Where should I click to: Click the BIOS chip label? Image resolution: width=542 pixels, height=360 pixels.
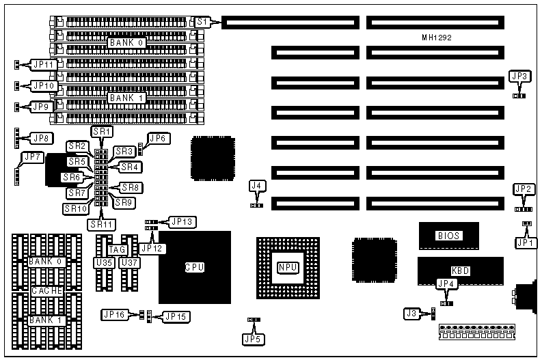(x=448, y=236)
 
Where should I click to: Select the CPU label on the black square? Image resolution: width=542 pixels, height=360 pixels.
(x=195, y=266)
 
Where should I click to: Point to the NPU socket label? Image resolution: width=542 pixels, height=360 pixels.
(x=287, y=266)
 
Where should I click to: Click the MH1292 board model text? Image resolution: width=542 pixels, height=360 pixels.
(x=437, y=39)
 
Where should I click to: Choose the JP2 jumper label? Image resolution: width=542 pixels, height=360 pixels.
(x=524, y=189)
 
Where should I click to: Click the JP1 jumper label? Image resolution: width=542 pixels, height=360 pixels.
(x=524, y=242)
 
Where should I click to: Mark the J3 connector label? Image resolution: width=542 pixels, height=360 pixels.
(x=411, y=314)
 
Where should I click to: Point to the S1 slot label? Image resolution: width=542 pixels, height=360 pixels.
(x=201, y=23)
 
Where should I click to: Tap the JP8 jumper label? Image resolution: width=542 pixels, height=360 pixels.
(x=42, y=138)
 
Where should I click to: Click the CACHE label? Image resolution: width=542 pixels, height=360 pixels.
(x=46, y=291)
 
